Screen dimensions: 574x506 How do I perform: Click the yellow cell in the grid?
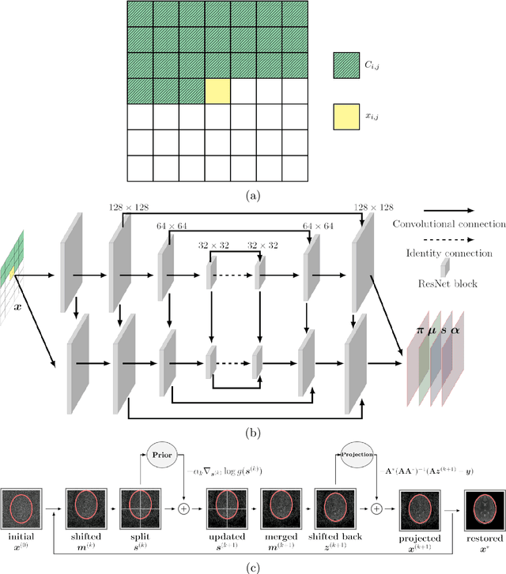point(217,90)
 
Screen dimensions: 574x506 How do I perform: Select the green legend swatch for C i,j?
point(346,64)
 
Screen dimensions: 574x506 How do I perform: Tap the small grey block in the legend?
point(447,266)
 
